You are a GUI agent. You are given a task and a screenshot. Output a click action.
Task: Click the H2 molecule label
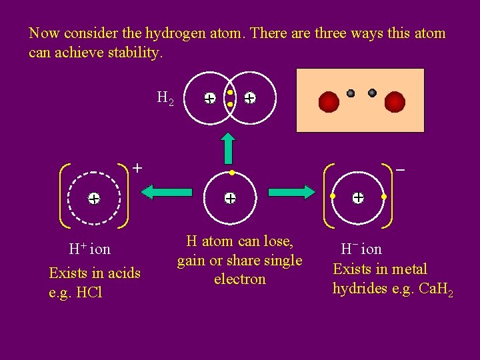point(165,99)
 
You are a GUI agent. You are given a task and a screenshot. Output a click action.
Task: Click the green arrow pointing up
point(229,148)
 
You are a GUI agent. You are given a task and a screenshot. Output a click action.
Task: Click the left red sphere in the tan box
point(329,102)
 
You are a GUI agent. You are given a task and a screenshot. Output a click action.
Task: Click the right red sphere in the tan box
point(395,102)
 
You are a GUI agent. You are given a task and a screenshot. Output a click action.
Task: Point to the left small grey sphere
point(351,93)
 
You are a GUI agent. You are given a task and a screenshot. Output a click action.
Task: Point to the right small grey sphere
point(372,93)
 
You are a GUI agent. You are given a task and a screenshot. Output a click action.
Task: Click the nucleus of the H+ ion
point(94,198)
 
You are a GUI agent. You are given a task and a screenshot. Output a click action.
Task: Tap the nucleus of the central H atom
point(229,198)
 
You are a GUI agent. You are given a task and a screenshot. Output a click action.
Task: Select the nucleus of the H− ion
point(358,197)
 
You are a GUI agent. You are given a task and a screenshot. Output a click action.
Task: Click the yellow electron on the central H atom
point(229,173)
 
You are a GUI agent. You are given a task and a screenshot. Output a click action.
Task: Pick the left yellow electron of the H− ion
point(333,197)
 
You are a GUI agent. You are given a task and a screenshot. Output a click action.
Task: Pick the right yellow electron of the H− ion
point(384,197)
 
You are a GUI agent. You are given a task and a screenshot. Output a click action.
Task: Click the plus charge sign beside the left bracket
point(137,168)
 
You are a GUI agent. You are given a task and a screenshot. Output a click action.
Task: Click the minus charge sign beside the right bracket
point(400,170)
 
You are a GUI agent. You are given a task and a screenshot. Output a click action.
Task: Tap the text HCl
point(89,292)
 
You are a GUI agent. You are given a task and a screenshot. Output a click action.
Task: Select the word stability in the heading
point(134,53)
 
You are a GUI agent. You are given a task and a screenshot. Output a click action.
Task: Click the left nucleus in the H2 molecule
point(209,99)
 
